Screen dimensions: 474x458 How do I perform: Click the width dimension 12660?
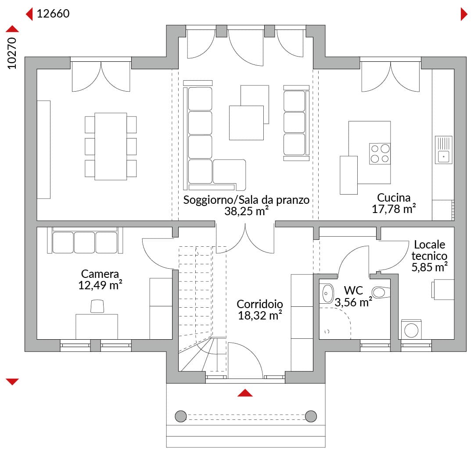(53, 14)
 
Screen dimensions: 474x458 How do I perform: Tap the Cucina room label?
(394, 198)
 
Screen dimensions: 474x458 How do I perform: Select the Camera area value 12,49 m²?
(100, 285)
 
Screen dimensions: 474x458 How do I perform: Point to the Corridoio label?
(260, 304)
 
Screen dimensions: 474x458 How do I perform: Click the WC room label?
(353, 291)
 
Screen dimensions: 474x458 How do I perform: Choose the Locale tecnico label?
(429, 250)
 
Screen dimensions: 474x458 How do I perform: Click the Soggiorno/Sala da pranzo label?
(246, 200)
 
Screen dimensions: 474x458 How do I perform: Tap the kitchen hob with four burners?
(380, 154)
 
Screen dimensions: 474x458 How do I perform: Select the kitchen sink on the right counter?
(443, 150)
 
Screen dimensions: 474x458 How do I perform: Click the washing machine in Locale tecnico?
(411, 330)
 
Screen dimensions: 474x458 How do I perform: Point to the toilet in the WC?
(381, 292)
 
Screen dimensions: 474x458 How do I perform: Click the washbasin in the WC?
(327, 293)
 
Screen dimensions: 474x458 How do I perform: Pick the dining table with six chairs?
(111, 146)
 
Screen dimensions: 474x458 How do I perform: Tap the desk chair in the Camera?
(97, 306)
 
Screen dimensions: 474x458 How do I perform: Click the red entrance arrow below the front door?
(245, 393)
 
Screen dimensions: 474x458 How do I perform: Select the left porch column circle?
(181, 416)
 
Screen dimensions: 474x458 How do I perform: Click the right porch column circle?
(311, 416)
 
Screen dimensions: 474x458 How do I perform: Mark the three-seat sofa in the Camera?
(85, 240)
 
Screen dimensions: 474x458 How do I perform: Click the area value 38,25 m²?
(246, 211)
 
